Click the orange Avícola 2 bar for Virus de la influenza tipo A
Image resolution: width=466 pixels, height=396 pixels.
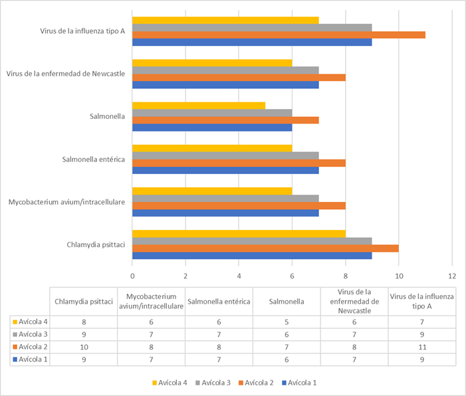[x=279, y=35]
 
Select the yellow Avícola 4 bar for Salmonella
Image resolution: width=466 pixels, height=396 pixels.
[x=199, y=106]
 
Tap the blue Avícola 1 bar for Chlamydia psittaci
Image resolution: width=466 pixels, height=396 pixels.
[x=252, y=256]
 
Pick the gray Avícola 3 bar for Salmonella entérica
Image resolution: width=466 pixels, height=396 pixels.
[x=225, y=155]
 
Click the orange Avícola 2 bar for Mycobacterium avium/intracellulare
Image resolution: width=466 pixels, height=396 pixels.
[x=239, y=205]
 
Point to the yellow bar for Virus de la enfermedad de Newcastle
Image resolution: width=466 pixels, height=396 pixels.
[x=212, y=63]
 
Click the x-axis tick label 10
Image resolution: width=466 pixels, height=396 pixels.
[x=399, y=276]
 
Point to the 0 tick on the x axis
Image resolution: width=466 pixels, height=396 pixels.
[x=132, y=276]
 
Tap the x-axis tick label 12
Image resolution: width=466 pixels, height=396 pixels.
[x=452, y=276]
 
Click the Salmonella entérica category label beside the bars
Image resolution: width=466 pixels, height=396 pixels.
[x=93, y=159]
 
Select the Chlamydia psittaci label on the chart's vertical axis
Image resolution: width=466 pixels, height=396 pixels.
[x=96, y=245]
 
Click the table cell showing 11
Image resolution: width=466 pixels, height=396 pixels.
[x=422, y=347]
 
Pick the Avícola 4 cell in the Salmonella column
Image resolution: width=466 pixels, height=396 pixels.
[x=287, y=322]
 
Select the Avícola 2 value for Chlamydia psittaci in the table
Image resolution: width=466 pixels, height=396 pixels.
[x=84, y=347]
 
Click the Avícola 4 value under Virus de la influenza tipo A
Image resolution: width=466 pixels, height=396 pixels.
[x=422, y=322]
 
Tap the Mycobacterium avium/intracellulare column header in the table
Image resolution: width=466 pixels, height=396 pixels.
[x=152, y=301]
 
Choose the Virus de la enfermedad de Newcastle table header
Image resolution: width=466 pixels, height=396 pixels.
[x=354, y=301]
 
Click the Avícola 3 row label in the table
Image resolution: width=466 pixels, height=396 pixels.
[x=30, y=334]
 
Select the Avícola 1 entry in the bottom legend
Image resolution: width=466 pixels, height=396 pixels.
[x=299, y=383]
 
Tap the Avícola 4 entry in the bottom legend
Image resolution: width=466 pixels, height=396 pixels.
[x=170, y=383]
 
